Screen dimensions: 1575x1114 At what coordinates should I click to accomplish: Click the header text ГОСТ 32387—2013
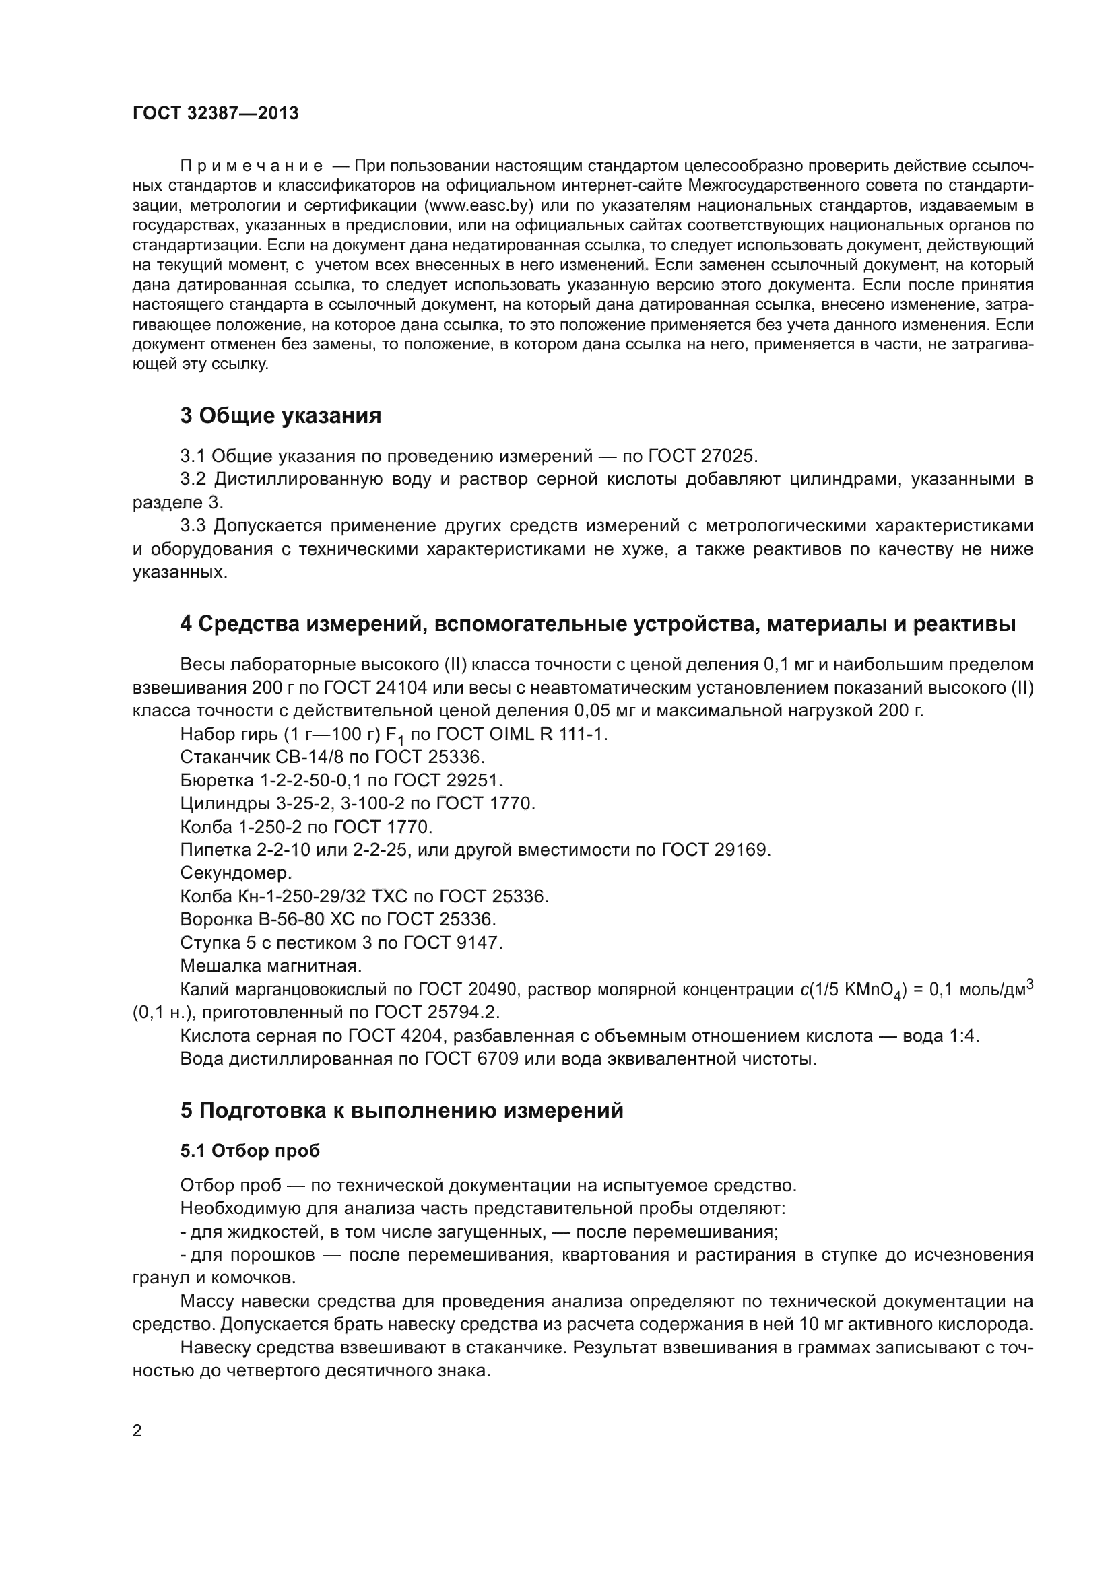point(216,113)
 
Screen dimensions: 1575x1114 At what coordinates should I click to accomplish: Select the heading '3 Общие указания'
point(281,415)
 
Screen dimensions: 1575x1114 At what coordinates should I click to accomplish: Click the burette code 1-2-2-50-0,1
point(310,780)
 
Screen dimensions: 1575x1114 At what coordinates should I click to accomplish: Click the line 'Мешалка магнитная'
point(270,965)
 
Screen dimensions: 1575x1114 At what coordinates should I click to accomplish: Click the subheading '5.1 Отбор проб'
point(250,1150)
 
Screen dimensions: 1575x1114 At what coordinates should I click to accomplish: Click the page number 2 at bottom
point(137,1431)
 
